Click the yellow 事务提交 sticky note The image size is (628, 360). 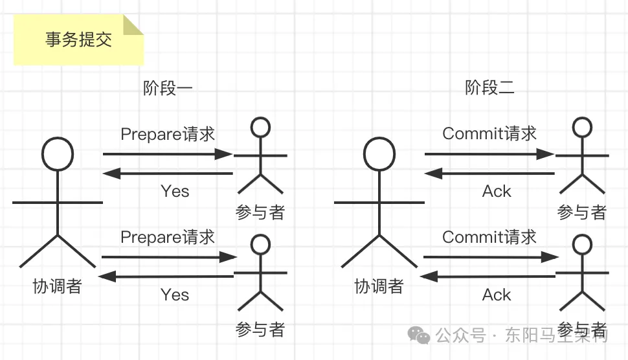tap(78, 40)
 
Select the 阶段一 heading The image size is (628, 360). tap(168, 88)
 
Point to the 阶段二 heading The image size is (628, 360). tap(489, 88)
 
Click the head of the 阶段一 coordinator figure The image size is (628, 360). tap(58, 154)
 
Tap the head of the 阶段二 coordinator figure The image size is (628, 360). tap(379, 154)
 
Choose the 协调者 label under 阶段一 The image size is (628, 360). tap(57, 286)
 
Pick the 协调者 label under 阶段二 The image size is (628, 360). tap(379, 286)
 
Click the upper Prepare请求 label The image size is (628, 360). tap(168, 134)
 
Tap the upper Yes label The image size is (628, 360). tap(175, 191)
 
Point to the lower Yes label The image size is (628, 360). tap(175, 295)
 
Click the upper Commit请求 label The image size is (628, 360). tap(489, 134)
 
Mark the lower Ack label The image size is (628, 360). tap(497, 295)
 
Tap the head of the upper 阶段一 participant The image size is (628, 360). tap(260, 127)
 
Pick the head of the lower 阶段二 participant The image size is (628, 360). tap(582, 244)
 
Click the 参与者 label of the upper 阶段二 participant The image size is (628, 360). tap(581, 212)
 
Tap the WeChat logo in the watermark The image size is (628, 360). tap(418, 335)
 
